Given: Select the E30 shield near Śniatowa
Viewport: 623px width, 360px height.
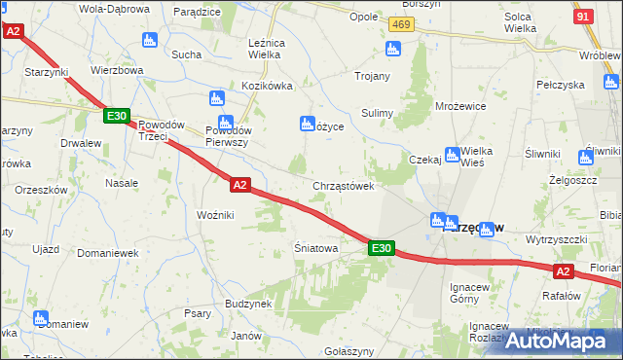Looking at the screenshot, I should (x=383, y=249).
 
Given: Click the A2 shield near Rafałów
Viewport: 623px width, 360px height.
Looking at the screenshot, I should (x=564, y=272).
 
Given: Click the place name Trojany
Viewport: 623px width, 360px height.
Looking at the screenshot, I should (x=373, y=76).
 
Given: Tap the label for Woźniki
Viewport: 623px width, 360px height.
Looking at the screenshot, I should (x=215, y=214).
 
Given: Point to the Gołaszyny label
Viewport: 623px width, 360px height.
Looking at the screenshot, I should (x=349, y=350).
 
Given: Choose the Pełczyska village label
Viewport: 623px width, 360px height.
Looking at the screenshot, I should (x=559, y=85).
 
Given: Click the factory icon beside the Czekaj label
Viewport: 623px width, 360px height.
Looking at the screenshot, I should (x=453, y=155).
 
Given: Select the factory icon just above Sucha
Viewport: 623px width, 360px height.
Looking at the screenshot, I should (x=149, y=41).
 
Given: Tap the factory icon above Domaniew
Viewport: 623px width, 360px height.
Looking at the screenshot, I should (x=40, y=317).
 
